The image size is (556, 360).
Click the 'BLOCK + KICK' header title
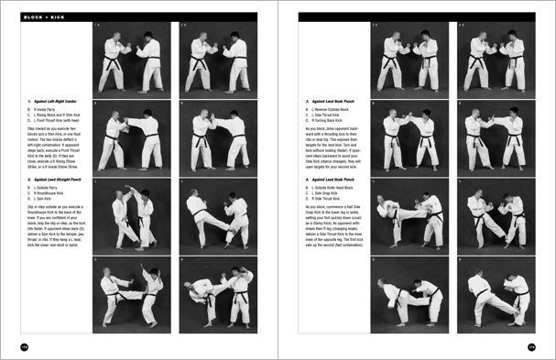46,16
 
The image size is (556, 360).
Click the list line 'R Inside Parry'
45,109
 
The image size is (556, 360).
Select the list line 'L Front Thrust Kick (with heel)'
59,122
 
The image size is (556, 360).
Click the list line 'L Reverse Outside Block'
332,109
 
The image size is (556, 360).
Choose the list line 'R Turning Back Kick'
327,122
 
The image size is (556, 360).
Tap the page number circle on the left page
13,346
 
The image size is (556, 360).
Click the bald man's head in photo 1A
115,36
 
